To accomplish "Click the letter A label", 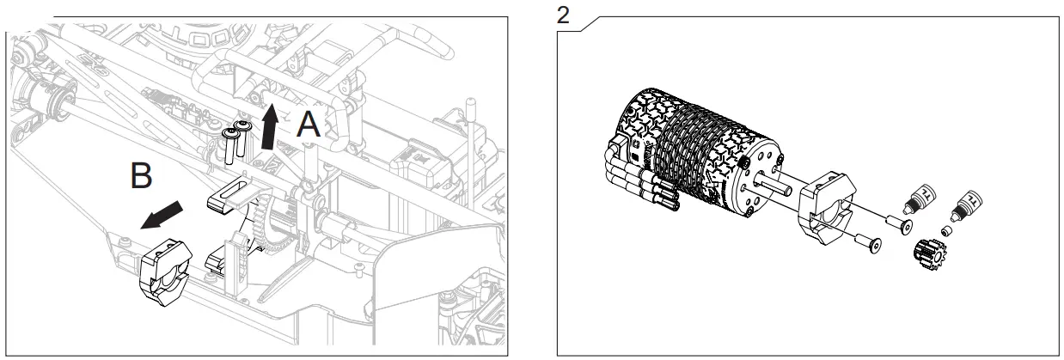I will (x=309, y=125).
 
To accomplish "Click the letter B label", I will (x=142, y=176).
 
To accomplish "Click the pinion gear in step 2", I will (x=927, y=253).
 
